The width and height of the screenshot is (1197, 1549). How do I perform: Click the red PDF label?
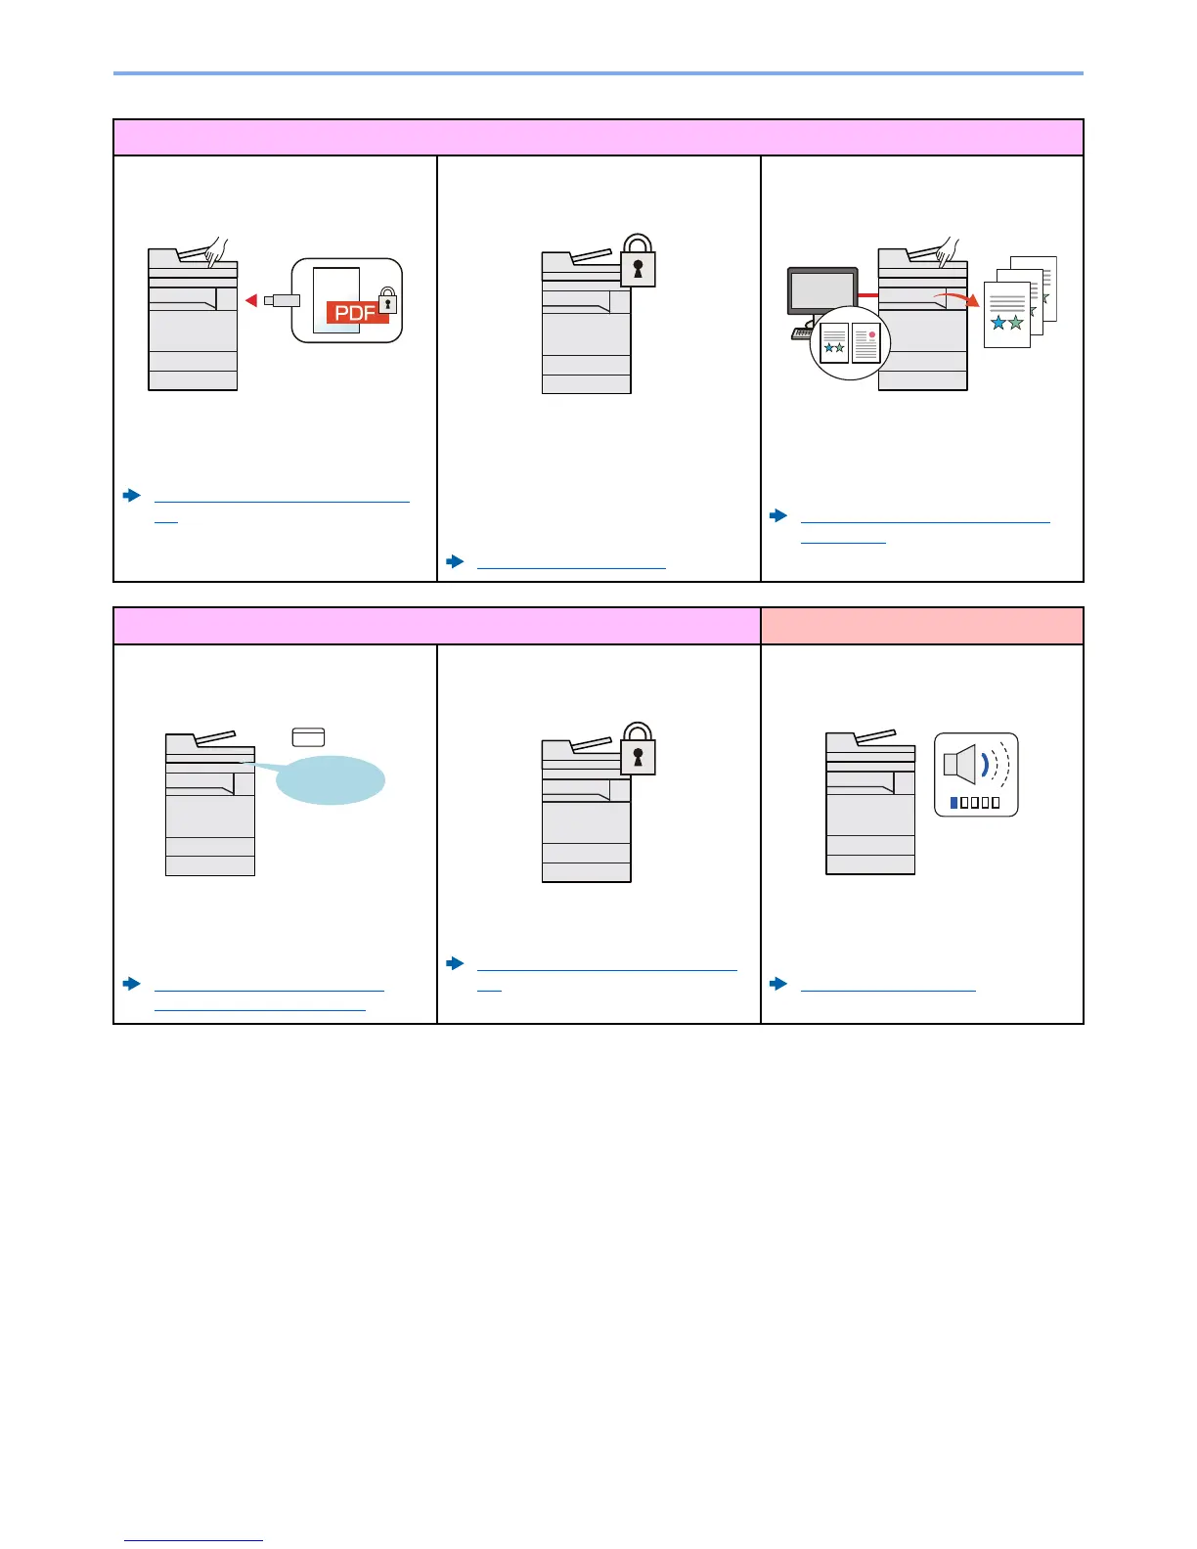356,314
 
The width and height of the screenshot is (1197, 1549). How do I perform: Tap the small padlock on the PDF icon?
387,302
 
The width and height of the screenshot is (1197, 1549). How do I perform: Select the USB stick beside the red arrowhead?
282,300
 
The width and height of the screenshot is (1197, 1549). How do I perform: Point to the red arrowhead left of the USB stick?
251,300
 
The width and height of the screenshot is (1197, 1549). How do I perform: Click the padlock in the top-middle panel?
638,261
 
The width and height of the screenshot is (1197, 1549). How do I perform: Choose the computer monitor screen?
822,291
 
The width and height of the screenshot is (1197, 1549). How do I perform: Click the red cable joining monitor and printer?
867,293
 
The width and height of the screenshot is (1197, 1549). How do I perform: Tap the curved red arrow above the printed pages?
955,298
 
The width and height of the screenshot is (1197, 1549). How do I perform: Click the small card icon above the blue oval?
308,737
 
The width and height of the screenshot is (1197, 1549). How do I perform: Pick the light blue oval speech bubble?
332,780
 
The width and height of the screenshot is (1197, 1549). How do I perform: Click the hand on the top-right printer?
948,252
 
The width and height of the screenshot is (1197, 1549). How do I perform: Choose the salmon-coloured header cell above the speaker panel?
921,626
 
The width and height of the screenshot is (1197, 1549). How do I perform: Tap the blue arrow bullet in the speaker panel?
779,984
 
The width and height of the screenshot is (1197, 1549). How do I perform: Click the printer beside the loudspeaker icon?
870,804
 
